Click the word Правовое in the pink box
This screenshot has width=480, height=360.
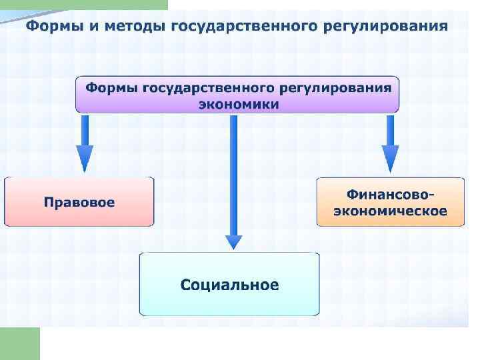point(79,202)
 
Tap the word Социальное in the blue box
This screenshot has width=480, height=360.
point(229,285)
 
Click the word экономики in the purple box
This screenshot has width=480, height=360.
point(237,104)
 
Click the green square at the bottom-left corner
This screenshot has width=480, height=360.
point(20,343)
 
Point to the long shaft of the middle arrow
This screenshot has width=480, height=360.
point(233,173)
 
